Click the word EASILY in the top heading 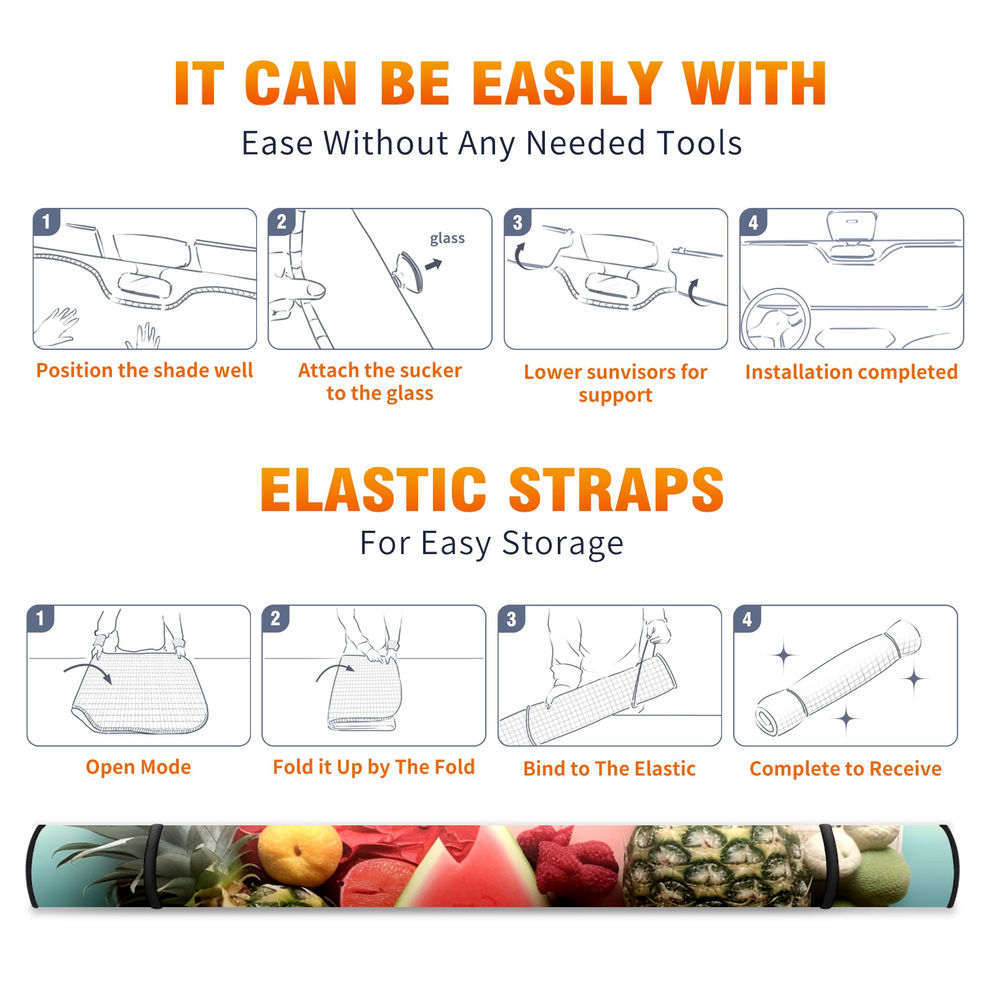point(568,84)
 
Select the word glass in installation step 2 point(447,239)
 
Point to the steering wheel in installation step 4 point(776,320)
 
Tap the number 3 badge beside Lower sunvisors point(517,222)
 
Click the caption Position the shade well point(145,370)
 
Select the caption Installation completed point(851,371)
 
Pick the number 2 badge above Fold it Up point(276,618)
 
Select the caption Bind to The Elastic point(609,768)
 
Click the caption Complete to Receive point(845,768)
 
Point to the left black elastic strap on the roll point(154,866)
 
